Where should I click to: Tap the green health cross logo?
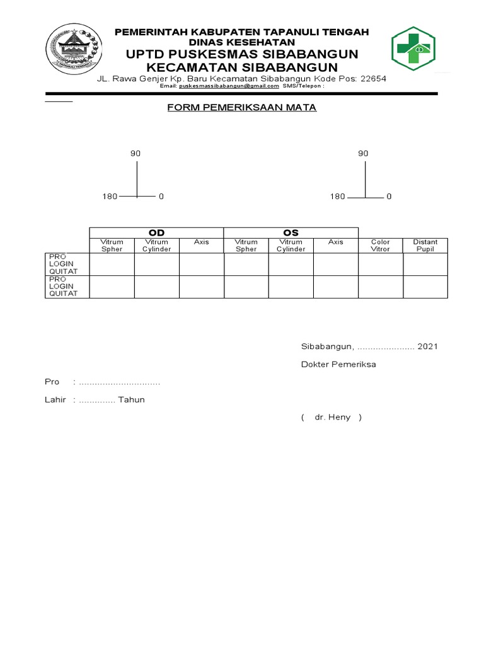[x=413, y=49]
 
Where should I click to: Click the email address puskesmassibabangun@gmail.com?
[x=228, y=86]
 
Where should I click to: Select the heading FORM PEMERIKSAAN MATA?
[x=241, y=108]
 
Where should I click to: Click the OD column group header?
[x=156, y=233]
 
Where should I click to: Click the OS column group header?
[x=291, y=233]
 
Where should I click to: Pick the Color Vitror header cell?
[x=381, y=246]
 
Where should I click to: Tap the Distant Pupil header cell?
[x=425, y=246]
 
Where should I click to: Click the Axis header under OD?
[x=202, y=242]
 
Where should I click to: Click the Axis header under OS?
[x=336, y=242]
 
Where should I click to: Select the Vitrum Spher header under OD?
[x=112, y=246]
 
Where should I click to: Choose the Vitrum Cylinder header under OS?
[x=291, y=246]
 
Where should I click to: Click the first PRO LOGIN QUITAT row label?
[x=63, y=264]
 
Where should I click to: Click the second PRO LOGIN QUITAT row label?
[x=63, y=286]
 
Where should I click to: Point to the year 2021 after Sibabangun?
[x=427, y=346]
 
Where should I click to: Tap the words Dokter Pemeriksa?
[x=338, y=364]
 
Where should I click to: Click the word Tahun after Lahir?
[x=131, y=399]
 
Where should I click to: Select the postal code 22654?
[x=372, y=79]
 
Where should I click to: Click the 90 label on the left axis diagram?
[x=135, y=153]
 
